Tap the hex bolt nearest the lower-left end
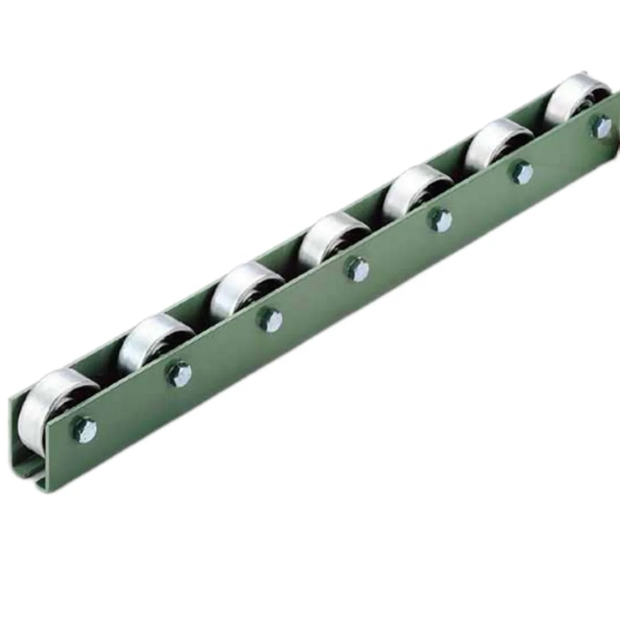pos(85,429)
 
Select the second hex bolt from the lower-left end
pos(179,374)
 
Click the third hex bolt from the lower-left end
pos(270,320)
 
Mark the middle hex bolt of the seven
pos(357,269)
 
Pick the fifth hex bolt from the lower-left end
pos(440,220)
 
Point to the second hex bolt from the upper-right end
pos(521,172)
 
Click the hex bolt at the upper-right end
pos(601,126)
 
